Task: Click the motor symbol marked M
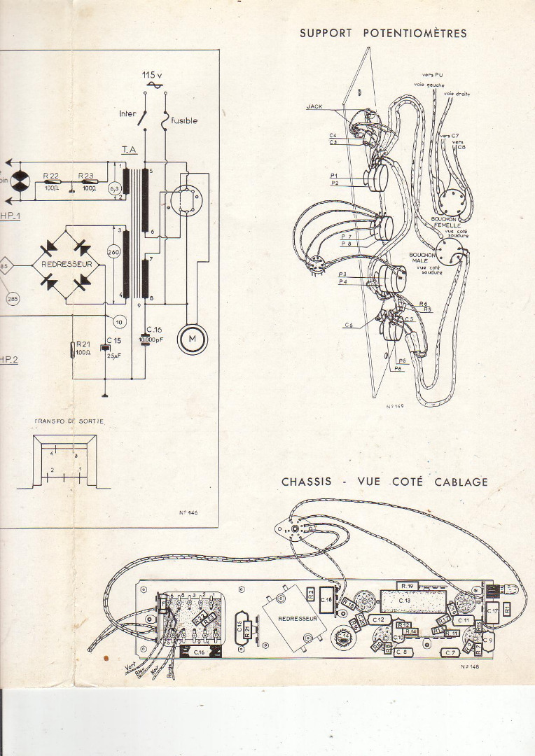[190, 339]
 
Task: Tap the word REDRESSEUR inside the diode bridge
[66, 265]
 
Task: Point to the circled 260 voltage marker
[114, 251]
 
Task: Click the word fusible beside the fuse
[184, 120]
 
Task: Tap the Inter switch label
[127, 113]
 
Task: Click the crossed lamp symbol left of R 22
[21, 180]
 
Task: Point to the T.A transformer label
[129, 151]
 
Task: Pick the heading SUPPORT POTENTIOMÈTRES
[383, 33]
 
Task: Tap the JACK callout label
[314, 106]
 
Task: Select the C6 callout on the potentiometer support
[349, 325]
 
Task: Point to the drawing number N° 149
[394, 406]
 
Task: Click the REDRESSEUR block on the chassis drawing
[298, 619]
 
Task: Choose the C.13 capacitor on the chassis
[405, 601]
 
